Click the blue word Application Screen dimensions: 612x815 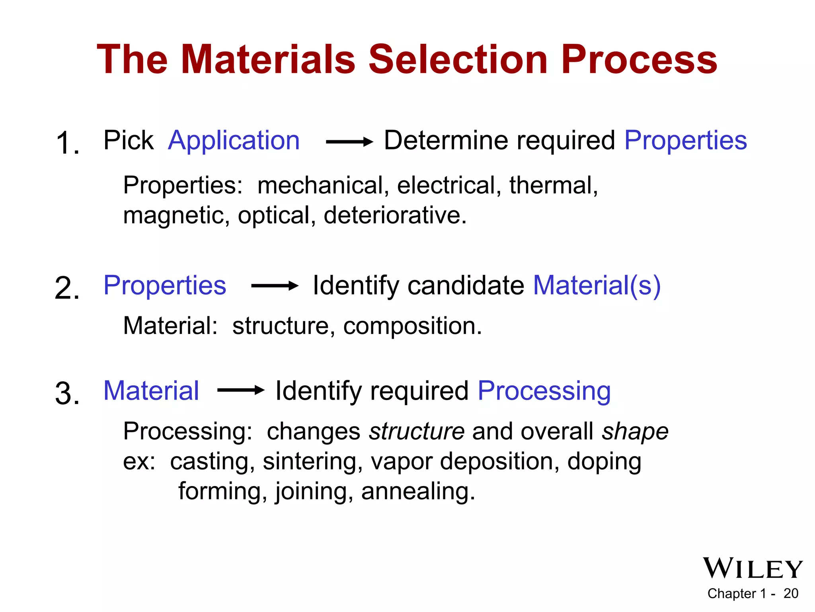point(234,141)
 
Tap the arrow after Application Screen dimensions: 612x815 point(349,141)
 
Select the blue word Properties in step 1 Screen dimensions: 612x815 point(685,141)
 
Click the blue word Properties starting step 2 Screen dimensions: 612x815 point(165,286)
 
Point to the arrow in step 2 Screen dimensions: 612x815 point(275,286)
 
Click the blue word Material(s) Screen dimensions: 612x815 point(597,286)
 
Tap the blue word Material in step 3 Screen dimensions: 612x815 point(151,391)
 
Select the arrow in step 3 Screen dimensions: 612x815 point(240,390)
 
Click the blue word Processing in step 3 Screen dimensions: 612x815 point(544,391)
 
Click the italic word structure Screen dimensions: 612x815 point(417,432)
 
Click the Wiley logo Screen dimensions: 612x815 point(753,568)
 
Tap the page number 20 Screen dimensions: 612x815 point(791,594)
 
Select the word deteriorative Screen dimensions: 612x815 point(394,216)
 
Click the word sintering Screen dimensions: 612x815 point(312,462)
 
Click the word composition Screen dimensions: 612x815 point(411,326)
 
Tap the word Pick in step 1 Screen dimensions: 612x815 point(128,141)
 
